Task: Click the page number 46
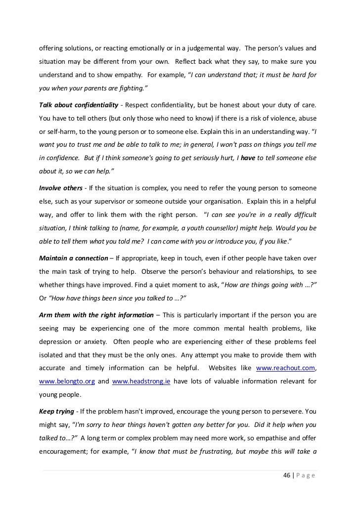[286, 476]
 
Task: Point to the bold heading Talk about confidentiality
[78, 106]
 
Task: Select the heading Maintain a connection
[73, 258]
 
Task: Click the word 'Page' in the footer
[307, 476]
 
